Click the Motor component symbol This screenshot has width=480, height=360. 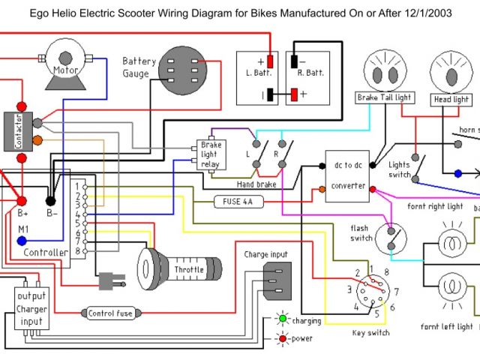coord(66,58)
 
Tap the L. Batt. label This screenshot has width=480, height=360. coord(259,73)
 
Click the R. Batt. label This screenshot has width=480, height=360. coord(310,73)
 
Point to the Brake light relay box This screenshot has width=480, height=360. coord(209,154)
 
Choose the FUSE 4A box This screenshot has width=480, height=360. coord(237,201)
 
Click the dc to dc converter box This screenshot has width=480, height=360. coord(348,175)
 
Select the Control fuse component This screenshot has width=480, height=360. coord(111,313)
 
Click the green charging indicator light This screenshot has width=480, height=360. coord(282,319)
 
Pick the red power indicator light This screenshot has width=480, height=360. coord(282,339)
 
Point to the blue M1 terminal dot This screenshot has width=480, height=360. coord(22,241)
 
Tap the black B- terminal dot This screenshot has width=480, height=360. coord(51,201)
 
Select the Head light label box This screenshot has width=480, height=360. coord(451,99)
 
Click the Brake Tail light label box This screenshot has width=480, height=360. coord(385,98)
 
